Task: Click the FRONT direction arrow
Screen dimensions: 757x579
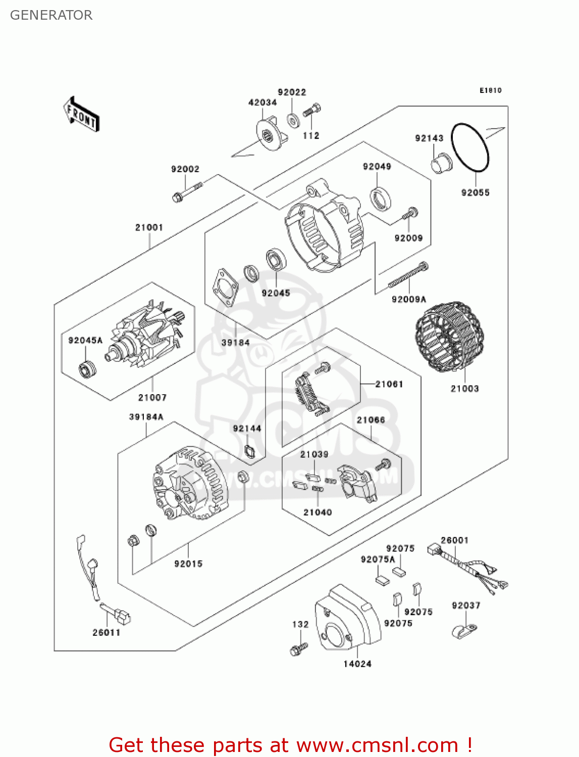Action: point(81,115)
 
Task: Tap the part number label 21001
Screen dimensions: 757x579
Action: point(149,228)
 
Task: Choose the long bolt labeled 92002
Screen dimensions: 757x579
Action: point(186,191)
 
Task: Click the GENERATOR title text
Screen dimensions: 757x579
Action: point(51,15)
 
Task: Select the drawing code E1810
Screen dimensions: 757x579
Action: point(490,90)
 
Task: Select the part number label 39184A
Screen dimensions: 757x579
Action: point(146,417)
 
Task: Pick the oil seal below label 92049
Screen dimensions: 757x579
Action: point(381,198)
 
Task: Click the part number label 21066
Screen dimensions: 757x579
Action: point(371,420)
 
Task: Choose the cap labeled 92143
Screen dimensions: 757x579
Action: point(440,164)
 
